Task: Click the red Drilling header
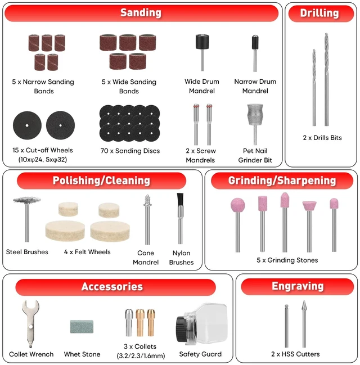(x=321, y=13)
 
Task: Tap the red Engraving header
(x=298, y=286)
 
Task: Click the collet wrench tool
(x=30, y=323)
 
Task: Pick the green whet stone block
(x=82, y=326)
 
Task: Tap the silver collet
(x=129, y=322)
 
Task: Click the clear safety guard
(x=201, y=324)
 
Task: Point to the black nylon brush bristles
(x=180, y=199)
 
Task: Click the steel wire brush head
(x=27, y=200)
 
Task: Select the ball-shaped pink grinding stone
(x=238, y=205)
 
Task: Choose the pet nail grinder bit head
(x=255, y=114)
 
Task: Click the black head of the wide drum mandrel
(x=202, y=42)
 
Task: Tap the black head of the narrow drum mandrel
(x=255, y=42)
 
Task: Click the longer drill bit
(x=326, y=79)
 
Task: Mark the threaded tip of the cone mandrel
(x=147, y=200)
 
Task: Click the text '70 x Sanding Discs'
(x=130, y=151)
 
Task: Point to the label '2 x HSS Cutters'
(x=295, y=354)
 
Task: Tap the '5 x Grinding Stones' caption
(x=287, y=260)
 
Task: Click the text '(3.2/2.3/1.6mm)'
(x=141, y=355)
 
